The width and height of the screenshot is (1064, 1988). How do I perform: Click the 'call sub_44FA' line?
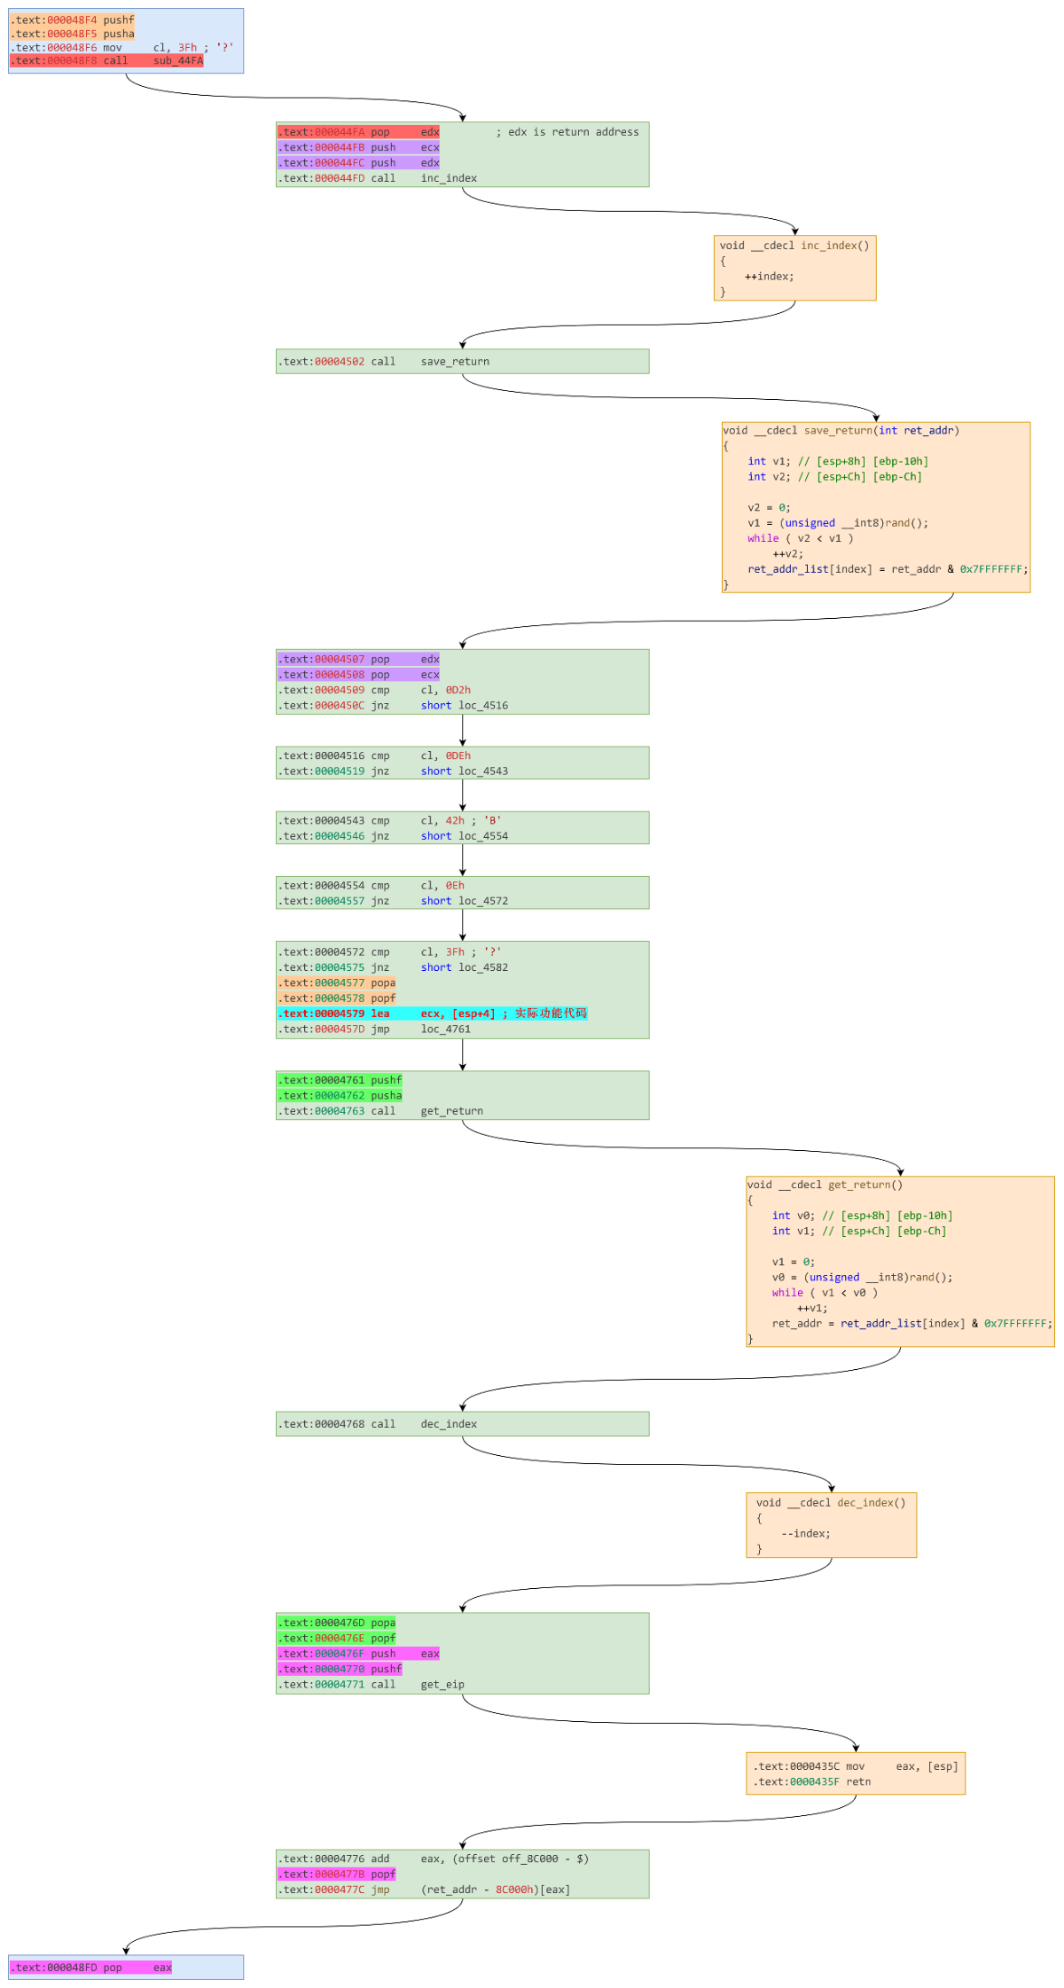(x=106, y=61)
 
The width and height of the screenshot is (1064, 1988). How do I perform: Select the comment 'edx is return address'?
(x=573, y=132)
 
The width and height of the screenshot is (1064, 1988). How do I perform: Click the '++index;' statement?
(x=769, y=277)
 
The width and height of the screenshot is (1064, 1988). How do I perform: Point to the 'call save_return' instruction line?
(x=385, y=362)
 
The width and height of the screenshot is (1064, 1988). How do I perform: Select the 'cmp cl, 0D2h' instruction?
(x=376, y=690)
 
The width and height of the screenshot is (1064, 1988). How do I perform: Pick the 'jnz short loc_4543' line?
(x=394, y=771)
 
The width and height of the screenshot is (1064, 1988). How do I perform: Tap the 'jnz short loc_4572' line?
(x=394, y=901)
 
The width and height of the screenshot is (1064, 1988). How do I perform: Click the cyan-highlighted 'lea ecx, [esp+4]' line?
(x=432, y=1014)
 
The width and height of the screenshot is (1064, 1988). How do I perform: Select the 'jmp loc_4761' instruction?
(x=376, y=1029)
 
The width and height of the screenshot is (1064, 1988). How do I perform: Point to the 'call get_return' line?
(x=381, y=1111)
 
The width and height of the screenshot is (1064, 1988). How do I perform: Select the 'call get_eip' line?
(x=372, y=1685)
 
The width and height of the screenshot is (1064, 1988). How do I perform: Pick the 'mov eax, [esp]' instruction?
(x=855, y=1766)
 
